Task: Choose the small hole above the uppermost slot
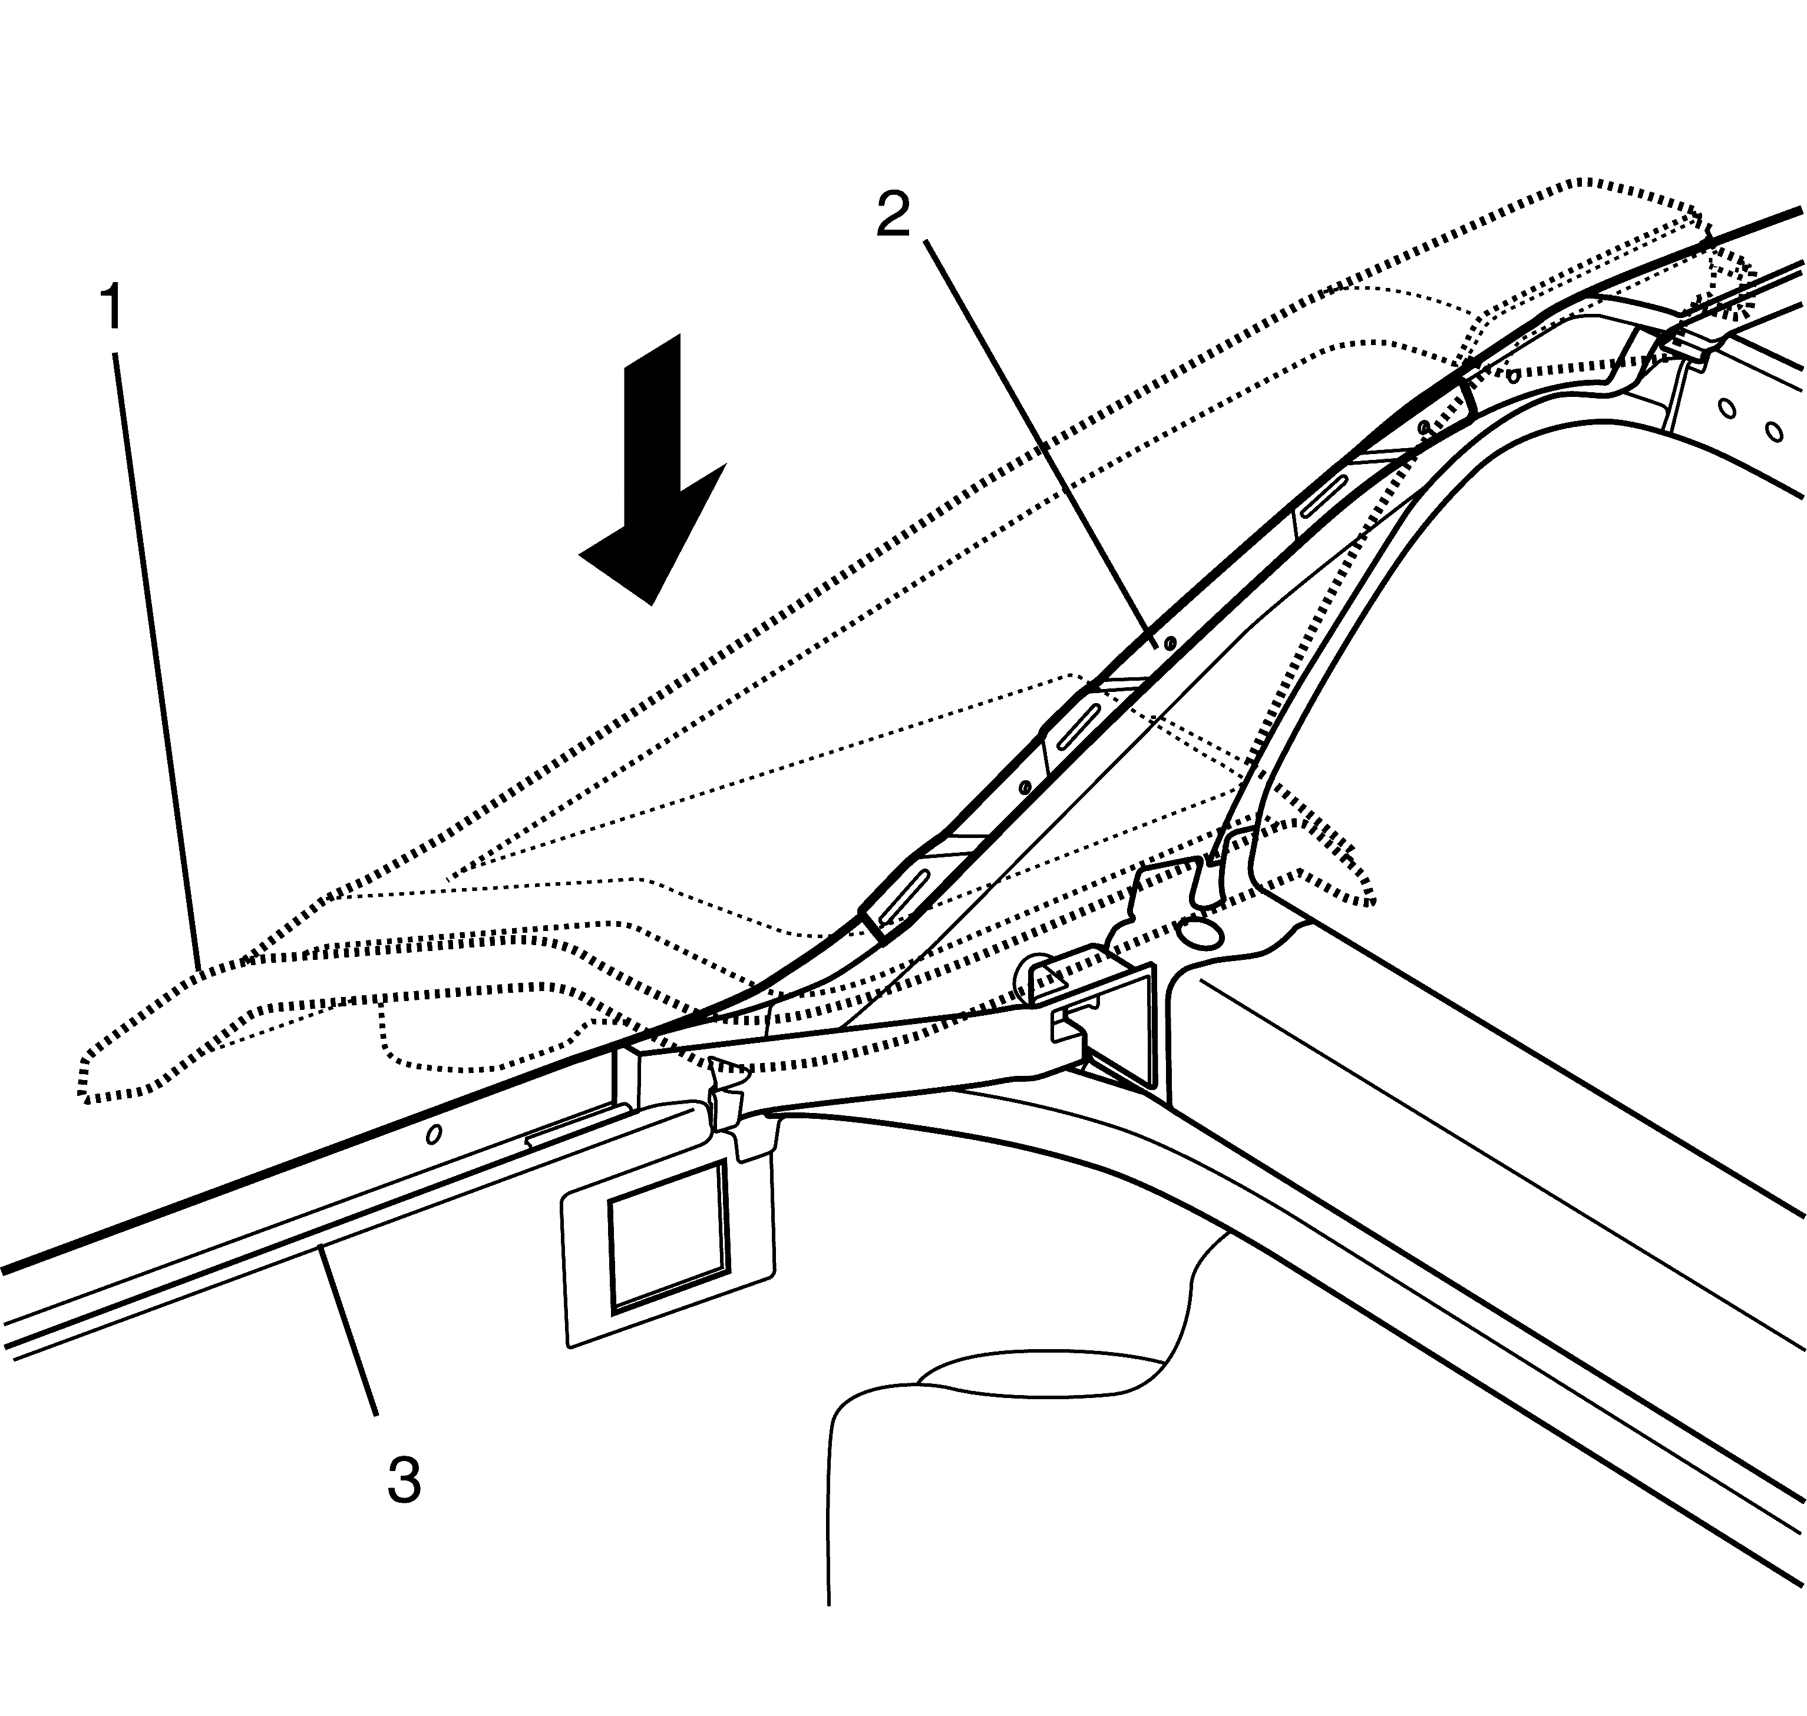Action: point(1423,427)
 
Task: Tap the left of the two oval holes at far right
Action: point(1726,408)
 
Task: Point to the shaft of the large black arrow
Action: point(652,430)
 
